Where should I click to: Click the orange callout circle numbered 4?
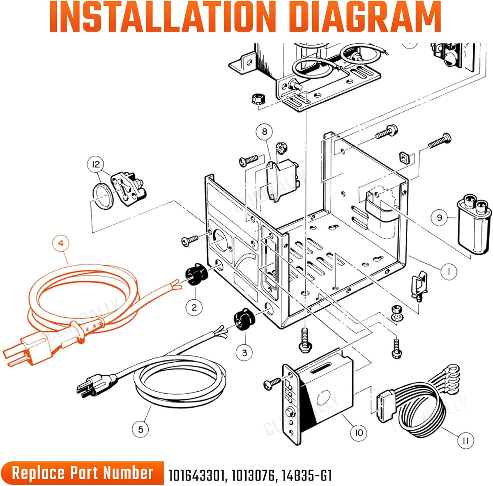click(61, 244)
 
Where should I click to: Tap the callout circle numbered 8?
click(264, 132)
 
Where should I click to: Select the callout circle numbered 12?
click(96, 164)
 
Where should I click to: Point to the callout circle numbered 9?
click(439, 218)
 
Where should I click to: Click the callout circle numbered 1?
click(449, 271)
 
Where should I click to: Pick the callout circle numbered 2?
click(194, 307)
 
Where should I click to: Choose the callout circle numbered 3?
click(244, 353)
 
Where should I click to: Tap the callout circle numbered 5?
click(141, 429)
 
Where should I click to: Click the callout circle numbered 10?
click(359, 433)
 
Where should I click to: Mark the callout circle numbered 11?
click(465, 440)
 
